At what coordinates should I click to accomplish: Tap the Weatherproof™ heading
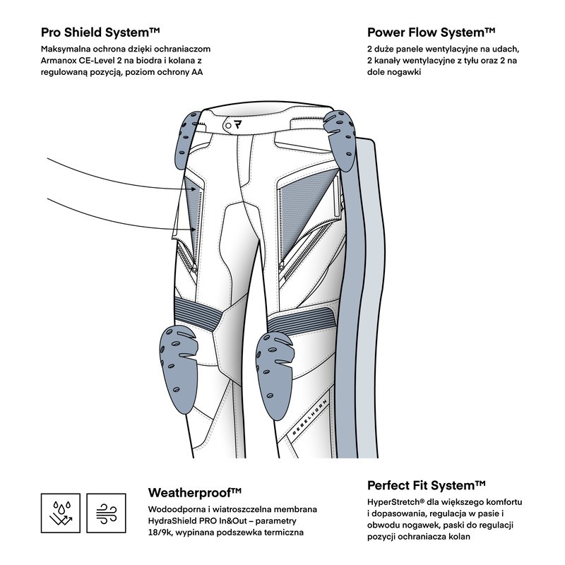pos(195,492)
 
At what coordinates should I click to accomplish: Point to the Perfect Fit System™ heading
pos(427,485)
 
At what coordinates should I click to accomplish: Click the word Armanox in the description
pos(64,61)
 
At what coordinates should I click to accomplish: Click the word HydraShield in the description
pos(176,521)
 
